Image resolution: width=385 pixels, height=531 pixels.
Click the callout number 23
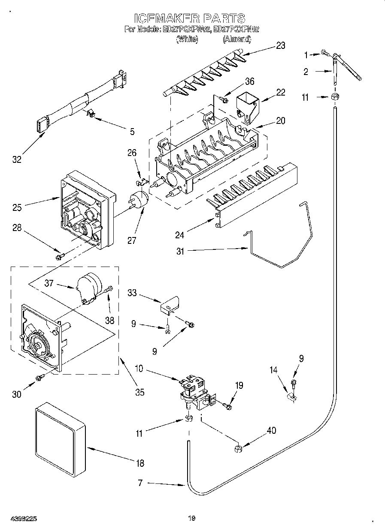(x=280, y=46)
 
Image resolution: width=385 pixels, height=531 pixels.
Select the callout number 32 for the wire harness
(x=16, y=159)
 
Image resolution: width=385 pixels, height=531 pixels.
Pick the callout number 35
(x=139, y=392)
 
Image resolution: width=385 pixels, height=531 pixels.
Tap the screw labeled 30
(x=40, y=377)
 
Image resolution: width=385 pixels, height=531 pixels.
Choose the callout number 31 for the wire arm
(x=180, y=251)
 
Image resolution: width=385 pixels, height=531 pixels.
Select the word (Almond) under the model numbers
(x=236, y=39)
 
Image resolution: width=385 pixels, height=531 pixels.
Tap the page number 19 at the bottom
(x=192, y=518)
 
